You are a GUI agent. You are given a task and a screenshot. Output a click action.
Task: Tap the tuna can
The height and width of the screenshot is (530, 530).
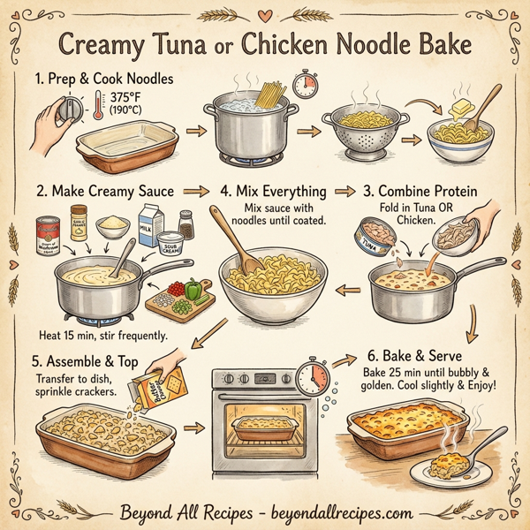pos(374,240)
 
